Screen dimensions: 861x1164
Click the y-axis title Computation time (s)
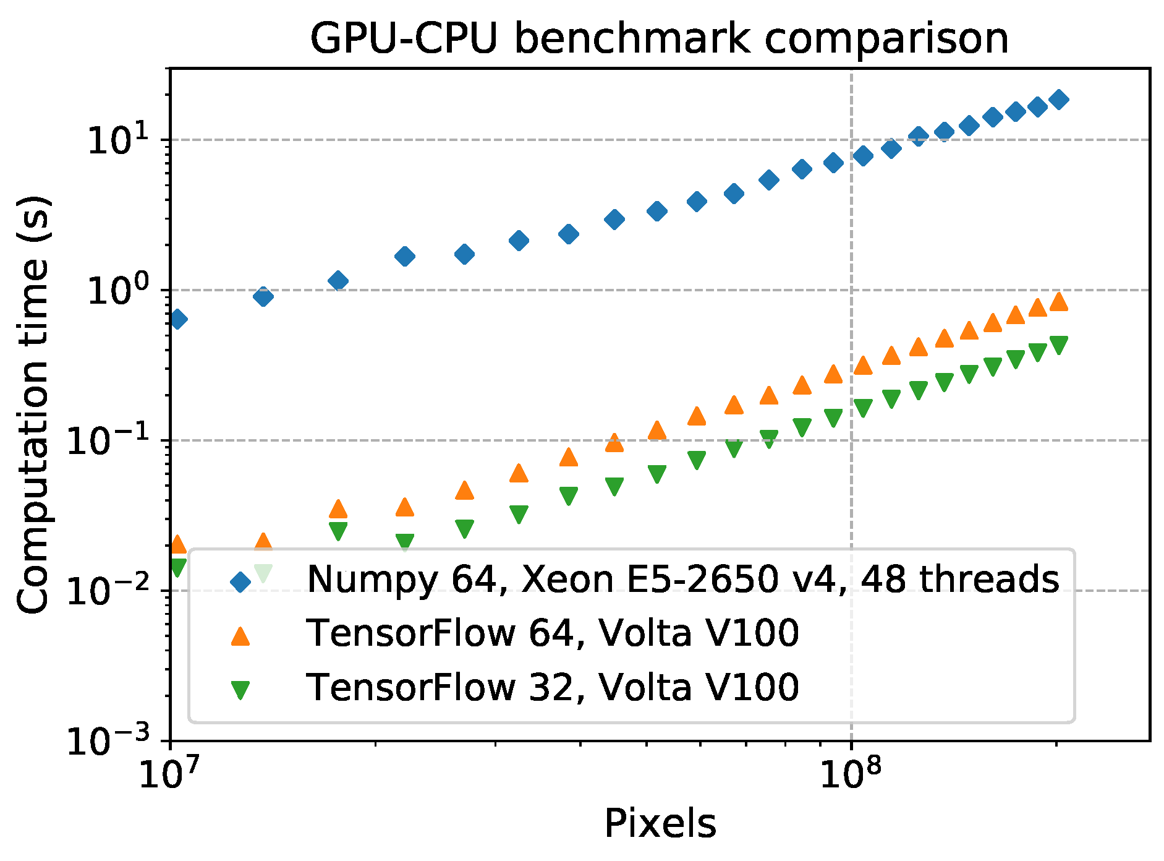34,405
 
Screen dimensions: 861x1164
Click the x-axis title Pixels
660,823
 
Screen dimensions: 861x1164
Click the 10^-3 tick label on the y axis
108,741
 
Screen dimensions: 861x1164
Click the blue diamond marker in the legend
240,581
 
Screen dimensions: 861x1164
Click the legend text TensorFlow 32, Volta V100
552,687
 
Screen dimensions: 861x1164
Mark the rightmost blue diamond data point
1059,99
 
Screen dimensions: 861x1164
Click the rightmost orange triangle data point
1059,301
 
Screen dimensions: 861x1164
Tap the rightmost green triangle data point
1059,345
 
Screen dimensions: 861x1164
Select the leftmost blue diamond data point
177,319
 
